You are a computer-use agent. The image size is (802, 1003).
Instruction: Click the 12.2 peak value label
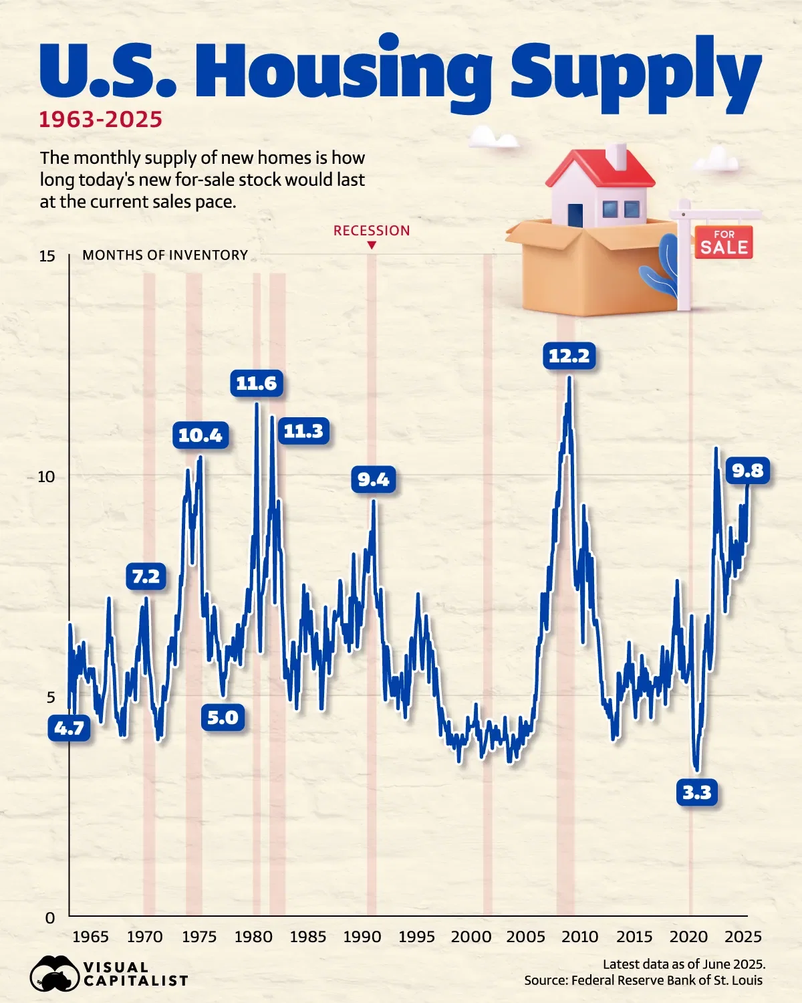[569, 356]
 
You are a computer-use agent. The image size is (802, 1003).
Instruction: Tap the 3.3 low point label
[697, 792]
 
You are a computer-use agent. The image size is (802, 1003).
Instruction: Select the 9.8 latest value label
[747, 471]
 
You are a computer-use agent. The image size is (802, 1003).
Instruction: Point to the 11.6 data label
[256, 383]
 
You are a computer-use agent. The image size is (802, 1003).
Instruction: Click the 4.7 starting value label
[69, 728]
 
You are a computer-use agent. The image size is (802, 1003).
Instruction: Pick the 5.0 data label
[223, 717]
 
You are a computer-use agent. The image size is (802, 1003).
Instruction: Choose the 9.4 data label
[373, 479]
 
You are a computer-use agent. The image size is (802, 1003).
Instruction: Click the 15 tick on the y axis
[47, 256]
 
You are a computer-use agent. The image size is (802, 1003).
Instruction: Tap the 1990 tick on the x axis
[362, 937]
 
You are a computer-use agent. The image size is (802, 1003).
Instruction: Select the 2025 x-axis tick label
[743, 937]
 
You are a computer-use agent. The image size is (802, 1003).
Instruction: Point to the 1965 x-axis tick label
[90, 937]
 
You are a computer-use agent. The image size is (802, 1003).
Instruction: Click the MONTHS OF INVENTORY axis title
[165, 255]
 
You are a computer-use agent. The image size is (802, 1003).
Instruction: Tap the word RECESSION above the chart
[372, 231]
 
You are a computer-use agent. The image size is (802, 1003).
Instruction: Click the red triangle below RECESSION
[372, 246]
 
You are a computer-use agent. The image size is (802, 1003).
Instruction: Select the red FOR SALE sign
[724, 242]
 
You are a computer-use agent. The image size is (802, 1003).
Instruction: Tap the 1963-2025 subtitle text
[101, 120]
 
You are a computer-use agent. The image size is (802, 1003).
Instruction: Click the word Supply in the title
[635, 74]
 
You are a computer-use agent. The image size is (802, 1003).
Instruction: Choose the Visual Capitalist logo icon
[53, 974]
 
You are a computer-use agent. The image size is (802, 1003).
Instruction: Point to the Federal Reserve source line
[643, 980]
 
